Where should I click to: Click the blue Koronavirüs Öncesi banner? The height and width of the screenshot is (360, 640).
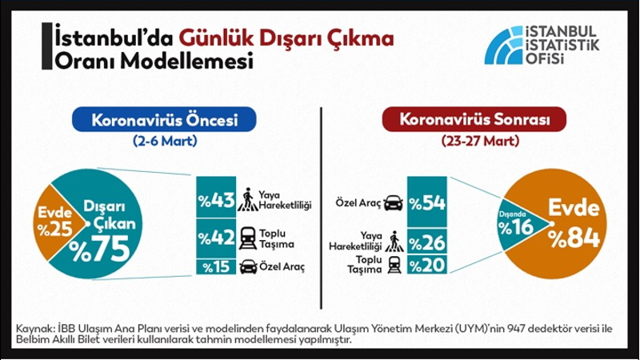pos(164,119)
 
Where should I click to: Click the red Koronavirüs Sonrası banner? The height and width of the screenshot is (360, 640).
pos(474,119)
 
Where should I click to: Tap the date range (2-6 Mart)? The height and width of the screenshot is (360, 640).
pos(165,142)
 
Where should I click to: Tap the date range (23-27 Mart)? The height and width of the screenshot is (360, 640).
pos(480,142)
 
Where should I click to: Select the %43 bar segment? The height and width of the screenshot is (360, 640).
pos(216,197)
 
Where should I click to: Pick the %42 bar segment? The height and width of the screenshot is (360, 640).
pos(216,238)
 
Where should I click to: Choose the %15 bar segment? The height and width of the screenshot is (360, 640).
pos(216,266)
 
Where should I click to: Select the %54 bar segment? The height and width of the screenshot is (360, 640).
pos(427,202)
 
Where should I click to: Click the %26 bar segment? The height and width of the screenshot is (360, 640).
pos(427,242)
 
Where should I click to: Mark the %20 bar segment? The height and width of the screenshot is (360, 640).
pos(427,265)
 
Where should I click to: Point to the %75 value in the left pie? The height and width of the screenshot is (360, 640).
pos(99,249)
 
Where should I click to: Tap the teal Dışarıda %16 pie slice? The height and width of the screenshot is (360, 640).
pos(518,225)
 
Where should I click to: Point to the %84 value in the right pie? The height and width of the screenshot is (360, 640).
pos(574,238)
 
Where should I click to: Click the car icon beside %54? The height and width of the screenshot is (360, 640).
pos(393,202)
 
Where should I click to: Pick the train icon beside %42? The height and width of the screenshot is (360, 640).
pos(248,238)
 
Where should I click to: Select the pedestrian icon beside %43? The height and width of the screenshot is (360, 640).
pos(248,199)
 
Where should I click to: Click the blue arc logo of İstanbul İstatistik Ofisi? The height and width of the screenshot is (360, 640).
pos(504,46)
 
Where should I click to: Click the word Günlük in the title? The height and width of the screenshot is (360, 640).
pos(217,38)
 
